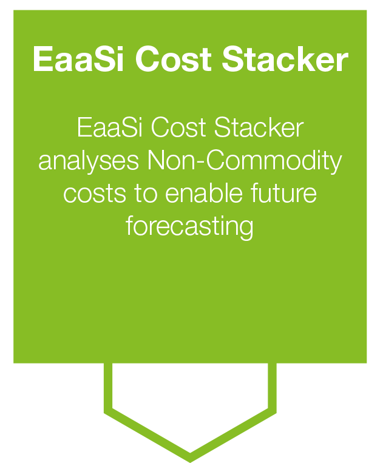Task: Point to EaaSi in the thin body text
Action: [109, 129]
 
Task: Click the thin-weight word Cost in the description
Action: [175, 129]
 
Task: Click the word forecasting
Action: [189, 227]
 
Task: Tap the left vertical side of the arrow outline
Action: [108, 388]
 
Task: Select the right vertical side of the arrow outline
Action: [273, 388]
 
